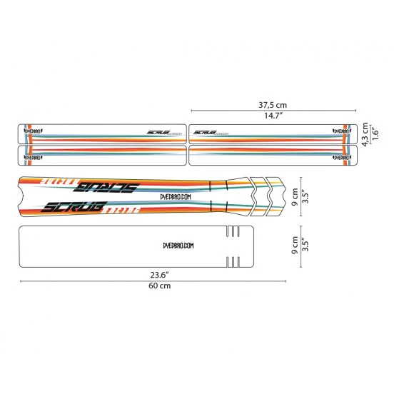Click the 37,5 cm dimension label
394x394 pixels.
(x=273, y=103)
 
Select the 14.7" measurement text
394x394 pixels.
(x=273, y=116)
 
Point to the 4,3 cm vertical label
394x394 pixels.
(x=365, y=135)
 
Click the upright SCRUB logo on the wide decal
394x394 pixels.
(x=74, y=208)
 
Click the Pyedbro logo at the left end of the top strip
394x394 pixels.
(x=34, y=131)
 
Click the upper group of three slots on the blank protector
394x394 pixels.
(x=233, y=233)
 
